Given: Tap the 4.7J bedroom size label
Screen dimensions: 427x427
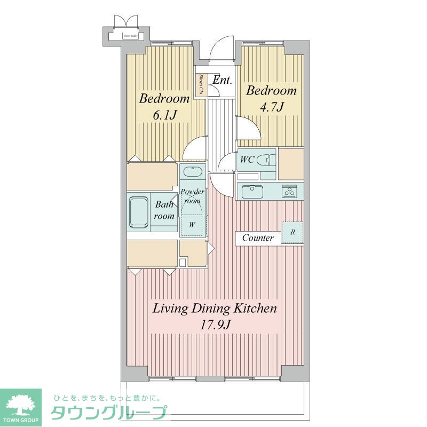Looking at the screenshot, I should point(271,107).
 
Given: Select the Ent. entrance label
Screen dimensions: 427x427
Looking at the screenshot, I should point(222,81).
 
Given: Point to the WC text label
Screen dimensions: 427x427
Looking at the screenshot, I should point(247,159).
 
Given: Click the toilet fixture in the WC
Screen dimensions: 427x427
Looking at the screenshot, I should point(266,159).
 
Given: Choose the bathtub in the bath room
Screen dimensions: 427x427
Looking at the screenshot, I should point(139,212).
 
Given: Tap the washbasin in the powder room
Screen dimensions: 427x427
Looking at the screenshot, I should point(191,172).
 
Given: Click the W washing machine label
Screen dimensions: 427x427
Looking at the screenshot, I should point(191,225).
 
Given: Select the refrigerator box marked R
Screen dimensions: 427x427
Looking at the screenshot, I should point(292,233).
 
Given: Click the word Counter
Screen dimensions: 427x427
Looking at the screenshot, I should point(258,238).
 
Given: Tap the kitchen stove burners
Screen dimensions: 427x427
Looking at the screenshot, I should point(289,191).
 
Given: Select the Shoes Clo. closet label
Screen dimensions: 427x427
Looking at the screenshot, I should point(201,85).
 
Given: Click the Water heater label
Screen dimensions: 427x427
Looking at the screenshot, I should point(131,37).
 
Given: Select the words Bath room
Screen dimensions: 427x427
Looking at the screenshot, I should point(164,210).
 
